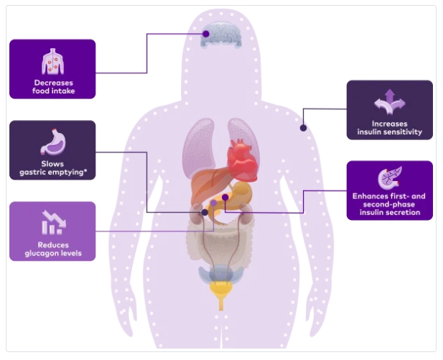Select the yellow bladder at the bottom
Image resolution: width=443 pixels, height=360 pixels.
[x=221, y=291]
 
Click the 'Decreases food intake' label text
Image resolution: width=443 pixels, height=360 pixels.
[x=52, y=87]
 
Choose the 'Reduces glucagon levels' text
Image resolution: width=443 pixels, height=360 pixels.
[x=52, y=248]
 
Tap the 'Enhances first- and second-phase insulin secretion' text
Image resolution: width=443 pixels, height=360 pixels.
[x=389, y=203]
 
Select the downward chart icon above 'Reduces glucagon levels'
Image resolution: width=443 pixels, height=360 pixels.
[x=52, y=222]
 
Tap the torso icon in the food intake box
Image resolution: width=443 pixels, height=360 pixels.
[x=52, y=60]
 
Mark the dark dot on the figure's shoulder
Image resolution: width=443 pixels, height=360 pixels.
[x=303, y=128]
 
